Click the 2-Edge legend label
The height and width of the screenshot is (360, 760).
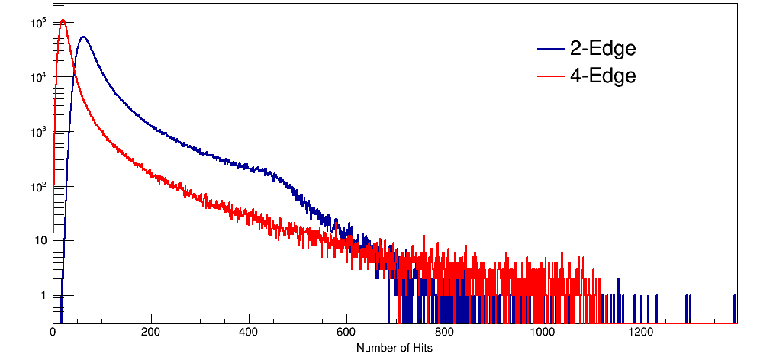[x=602, y=49]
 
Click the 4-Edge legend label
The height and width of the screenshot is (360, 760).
[x=602, y=76]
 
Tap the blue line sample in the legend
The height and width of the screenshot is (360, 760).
[x=549, y=50]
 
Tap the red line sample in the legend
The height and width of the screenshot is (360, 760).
[x=549, y=77]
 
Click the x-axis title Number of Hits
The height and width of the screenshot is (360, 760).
[x=394, y=348]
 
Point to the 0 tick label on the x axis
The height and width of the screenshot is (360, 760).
[x=53, y=333]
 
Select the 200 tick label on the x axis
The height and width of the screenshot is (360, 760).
[x=151, y=333]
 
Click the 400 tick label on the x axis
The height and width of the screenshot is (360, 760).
[x=249, y=333]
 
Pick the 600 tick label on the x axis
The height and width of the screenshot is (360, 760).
[x=347, y=333]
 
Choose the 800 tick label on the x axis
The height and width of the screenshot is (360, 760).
[x=445, y=333]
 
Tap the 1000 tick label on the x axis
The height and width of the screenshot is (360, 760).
[x=543, y=333]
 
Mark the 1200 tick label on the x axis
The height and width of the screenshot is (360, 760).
[x=641, y=333]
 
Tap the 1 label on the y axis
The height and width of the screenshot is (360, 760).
[x=43, y=295]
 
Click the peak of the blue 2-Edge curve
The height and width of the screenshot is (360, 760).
[x=82, y=37]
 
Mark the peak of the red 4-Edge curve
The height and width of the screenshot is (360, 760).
[x=63, y=21]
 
